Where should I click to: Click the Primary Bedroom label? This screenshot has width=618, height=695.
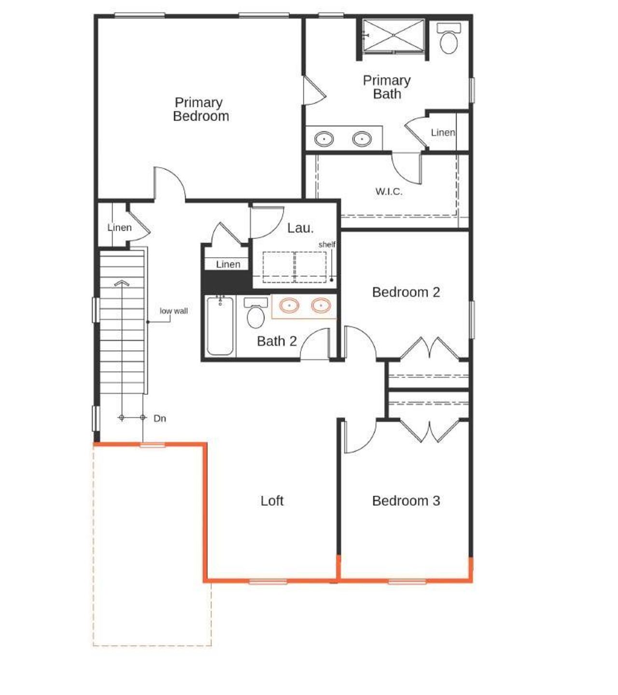[x=200, y=109]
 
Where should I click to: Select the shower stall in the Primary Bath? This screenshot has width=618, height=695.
[x=393, y=35]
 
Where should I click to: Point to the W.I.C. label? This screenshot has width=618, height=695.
[x=389, y=192]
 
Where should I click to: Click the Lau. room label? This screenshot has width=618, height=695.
[x=300, y=228]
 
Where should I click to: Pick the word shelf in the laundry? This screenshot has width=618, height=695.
[x=327, y=245]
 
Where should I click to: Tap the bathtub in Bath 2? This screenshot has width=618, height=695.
[x=220, y=326]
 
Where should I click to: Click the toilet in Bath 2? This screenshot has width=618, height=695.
[x=255, y=314]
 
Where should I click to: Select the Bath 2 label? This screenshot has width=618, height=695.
[x=277, y=341]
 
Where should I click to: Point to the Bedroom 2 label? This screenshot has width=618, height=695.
[x=406, y=292]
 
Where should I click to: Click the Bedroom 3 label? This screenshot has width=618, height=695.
[x=406, y=501]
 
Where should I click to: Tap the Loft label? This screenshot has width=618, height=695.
[x=272, y=501]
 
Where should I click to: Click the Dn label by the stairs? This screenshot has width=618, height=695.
[x=160, y=418]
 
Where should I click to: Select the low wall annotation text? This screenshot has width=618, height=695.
[x=174, y=311]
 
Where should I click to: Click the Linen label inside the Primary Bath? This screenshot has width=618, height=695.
[x=443, y=132]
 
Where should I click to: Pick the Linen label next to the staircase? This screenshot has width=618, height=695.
[x=119, y=227]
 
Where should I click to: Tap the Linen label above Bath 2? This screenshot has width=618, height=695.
[x=228, y=264]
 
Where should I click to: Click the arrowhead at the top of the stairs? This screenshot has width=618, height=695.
[x=122, y=283]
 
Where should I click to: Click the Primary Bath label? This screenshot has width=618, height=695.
[x=387, y=87]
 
